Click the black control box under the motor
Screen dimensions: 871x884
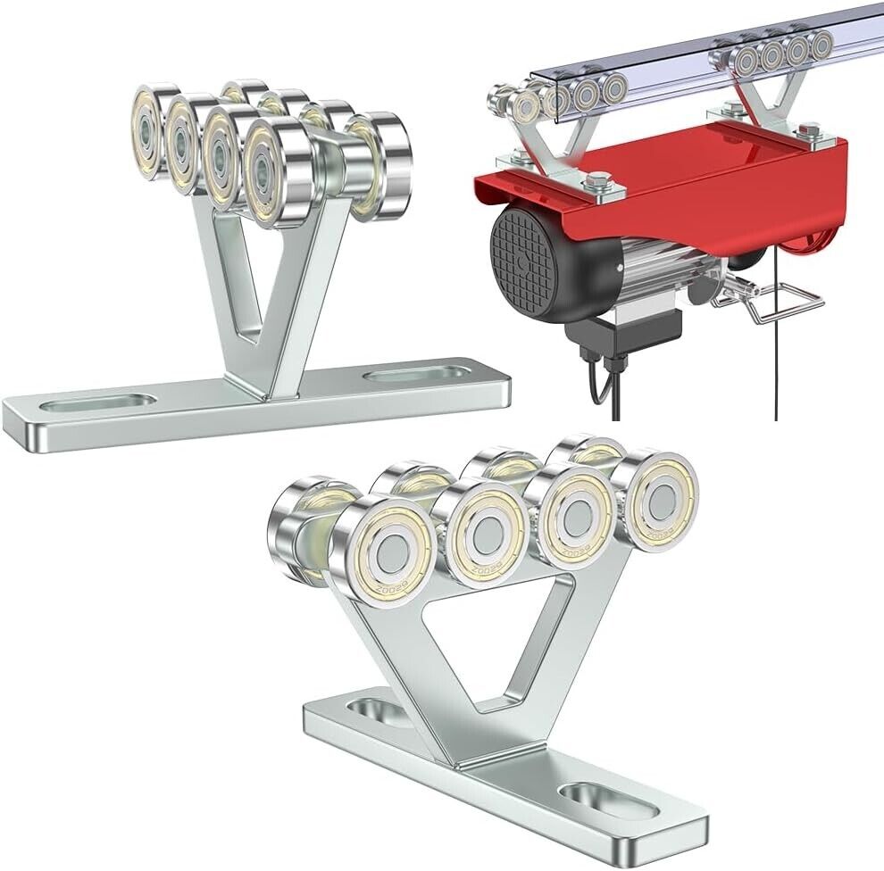point(624,330)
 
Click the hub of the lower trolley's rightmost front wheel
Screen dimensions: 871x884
point(662,500)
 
